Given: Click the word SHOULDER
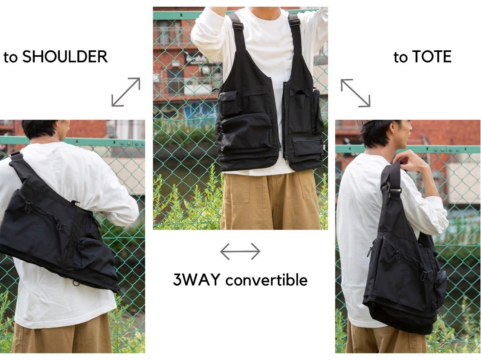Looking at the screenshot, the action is click(65, 57).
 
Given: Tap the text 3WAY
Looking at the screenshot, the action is click(196, 279).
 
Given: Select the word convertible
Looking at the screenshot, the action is click(266, 279).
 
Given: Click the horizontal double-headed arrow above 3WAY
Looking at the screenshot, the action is click(240, 251).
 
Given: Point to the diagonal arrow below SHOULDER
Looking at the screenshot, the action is click(126, 92).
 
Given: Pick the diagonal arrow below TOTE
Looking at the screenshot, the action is click(355, 93).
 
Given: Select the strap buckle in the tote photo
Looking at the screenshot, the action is click(393, 189).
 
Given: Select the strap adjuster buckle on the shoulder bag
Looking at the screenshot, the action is click(16, 155).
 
